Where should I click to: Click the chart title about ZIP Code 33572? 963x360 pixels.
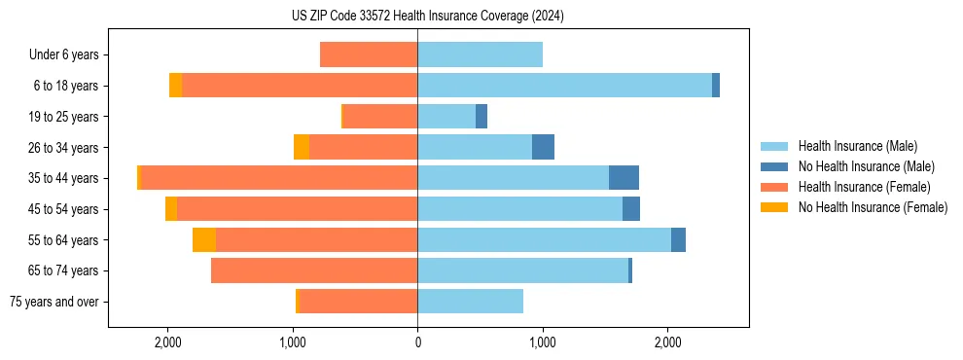(x=427, y=16)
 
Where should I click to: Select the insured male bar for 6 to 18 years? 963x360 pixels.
(x=564, y=86)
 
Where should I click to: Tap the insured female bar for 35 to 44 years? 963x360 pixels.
(x=279, y=178)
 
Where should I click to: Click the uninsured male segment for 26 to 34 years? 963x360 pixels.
(x=543, y=147)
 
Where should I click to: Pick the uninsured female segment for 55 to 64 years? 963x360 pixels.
(x=203, y=239)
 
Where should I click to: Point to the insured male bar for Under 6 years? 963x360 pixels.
(x=480, y=54)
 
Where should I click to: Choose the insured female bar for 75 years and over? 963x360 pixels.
(x=358, y=302)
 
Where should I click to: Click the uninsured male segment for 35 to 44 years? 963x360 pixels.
(x=624, y=178)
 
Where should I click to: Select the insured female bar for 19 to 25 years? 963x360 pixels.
(x=380, y=117)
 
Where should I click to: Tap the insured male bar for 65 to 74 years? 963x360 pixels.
(x=522, y=270)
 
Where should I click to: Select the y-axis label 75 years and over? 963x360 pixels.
(x=53, y=302)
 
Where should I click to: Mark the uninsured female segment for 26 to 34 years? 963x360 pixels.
(x=302, y=147)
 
